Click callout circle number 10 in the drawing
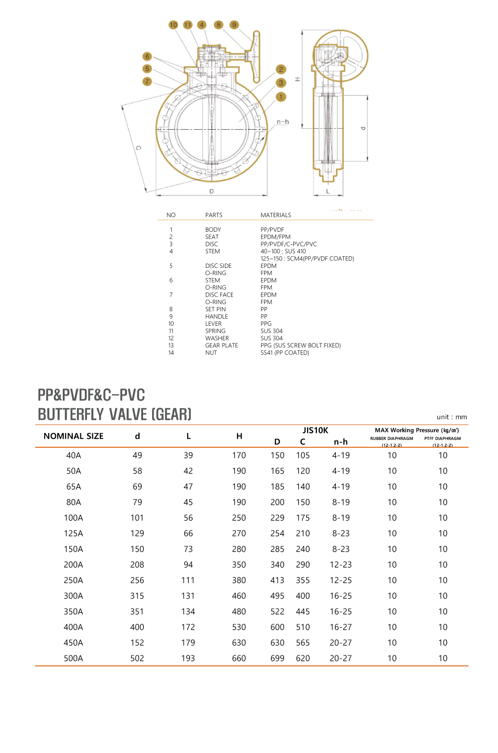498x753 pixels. point(173,25)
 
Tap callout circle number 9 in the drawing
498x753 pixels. point(234,25)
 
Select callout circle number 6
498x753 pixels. point(147,56)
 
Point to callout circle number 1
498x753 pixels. point(281,97)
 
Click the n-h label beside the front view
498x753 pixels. point(283,122)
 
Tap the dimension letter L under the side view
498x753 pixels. point(328,191)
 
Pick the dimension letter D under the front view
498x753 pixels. point(211,191)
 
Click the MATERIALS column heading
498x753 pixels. point(276,215)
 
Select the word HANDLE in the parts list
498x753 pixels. point(216,317)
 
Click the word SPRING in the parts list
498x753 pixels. point(215,331)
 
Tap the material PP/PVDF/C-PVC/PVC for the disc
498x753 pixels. point(289,244)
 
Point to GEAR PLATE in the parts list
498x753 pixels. point(221,346)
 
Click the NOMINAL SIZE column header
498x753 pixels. point(73,436)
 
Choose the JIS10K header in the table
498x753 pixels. point(315,430)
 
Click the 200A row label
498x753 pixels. point(73,565)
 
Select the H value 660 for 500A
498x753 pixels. point(239,658)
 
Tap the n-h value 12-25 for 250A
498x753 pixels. point(341,581)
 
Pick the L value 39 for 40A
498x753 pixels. point(188,455)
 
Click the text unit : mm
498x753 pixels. point(452,417)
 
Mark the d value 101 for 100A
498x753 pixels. point(137,518)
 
